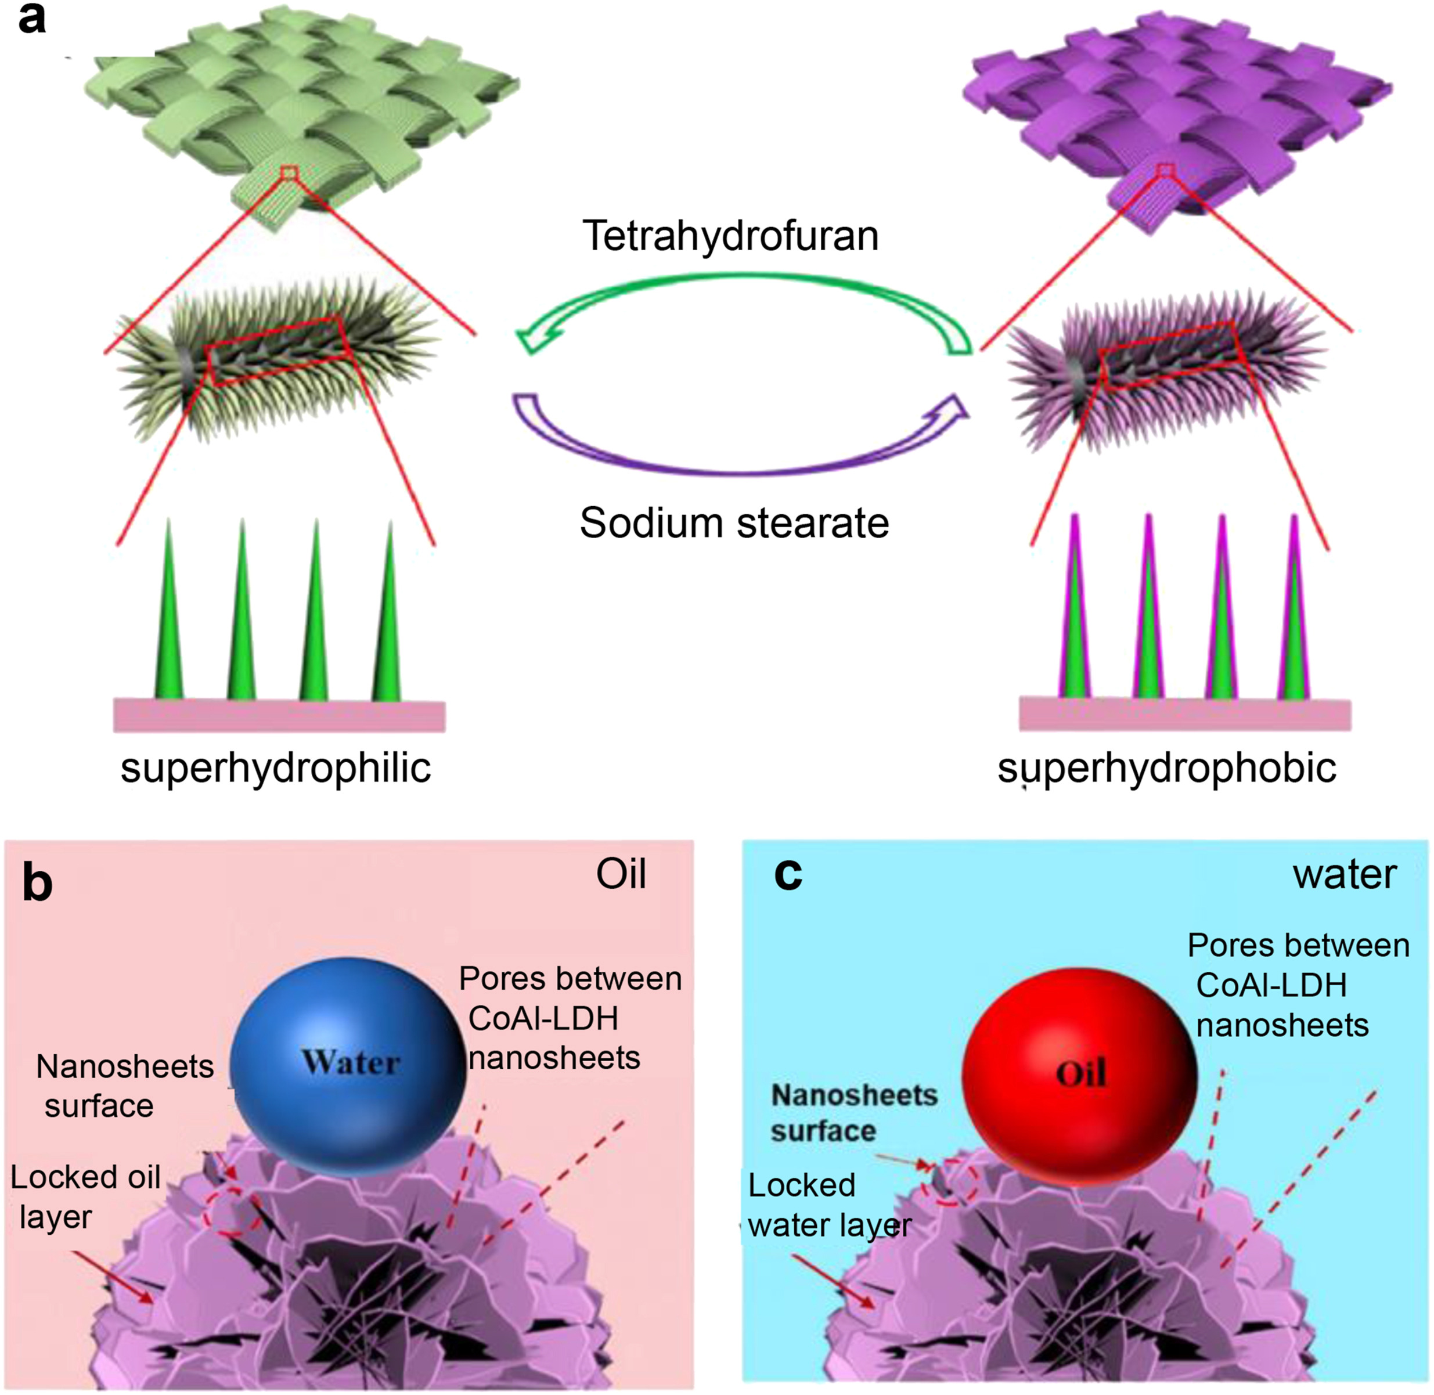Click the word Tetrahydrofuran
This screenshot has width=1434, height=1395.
pos(730,236)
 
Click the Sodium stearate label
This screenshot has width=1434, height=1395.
pos(734,523)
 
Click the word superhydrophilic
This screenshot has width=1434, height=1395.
pos(276,769)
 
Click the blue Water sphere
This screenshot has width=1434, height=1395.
pos(349,1062)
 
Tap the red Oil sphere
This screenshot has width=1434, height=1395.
pos(1079,1073)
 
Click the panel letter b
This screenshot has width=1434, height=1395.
pos(37,883)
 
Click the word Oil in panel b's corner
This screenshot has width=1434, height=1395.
pos(621,874)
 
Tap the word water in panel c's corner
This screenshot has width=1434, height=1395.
pos(1345,874)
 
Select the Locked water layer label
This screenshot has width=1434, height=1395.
pos(828,1205)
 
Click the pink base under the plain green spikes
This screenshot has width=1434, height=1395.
pos(279,716)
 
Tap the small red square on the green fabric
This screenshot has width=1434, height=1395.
pos(290,174)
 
